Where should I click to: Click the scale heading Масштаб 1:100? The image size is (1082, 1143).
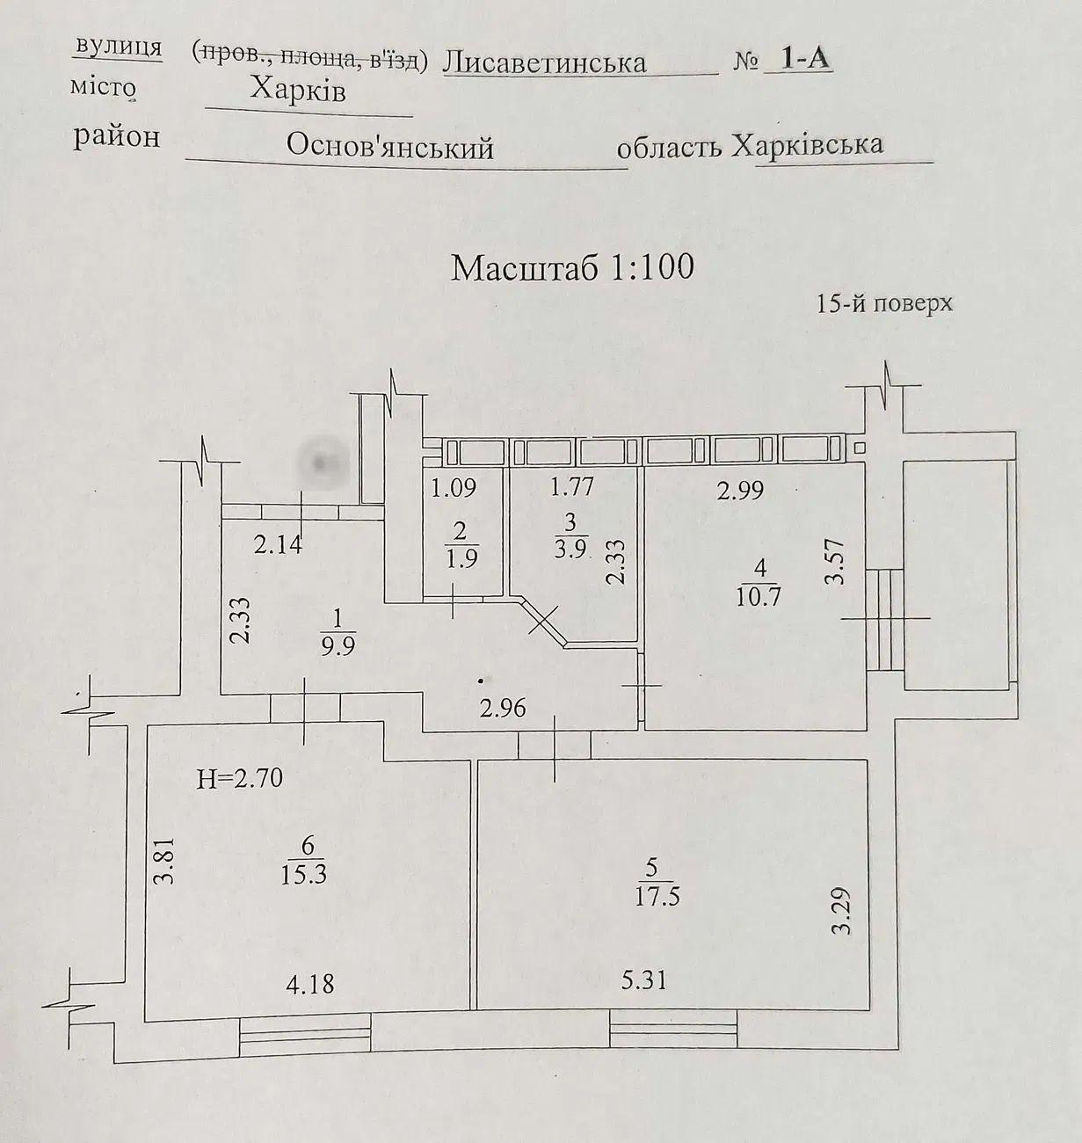pyautogui.click(x=572, y=267)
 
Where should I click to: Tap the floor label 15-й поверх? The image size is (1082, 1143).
pyautogui.click(x=884, y=304)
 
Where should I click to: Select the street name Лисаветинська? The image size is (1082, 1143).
pyautogui.click(x=545, y=62)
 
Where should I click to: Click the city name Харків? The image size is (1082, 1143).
pyautogui.click(x=298, y=90)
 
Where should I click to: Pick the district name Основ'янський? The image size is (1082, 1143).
pyautogui.click(x=389, y=147)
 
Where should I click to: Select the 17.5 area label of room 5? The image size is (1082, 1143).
pyautogui.click(x=657, y=898)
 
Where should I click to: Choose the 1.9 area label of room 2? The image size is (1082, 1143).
pyautogui.click(x=461, y=560)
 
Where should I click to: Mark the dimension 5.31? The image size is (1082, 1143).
pyautogui.click(x=643, y=979)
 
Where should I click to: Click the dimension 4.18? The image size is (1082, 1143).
pyautogui.click(x=310, y=982)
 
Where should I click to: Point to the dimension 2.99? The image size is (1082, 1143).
pyautogui.click(x=740, y=491)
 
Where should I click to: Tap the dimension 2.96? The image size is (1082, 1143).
pyautogui.click(x=503, y=707)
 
